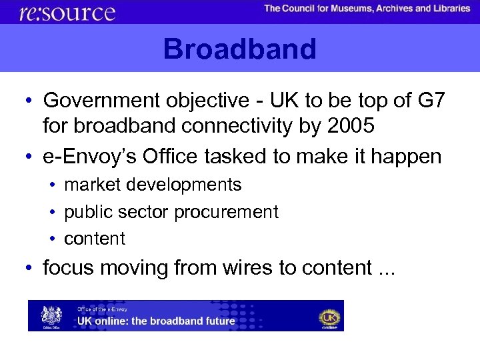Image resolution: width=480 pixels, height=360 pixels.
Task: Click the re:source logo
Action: pos(67,12)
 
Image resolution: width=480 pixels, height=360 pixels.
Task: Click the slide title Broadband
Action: pos(239,49)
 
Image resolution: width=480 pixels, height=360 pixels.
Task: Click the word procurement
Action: pos(227,212)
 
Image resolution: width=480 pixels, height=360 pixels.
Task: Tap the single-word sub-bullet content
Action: pos(95,239)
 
